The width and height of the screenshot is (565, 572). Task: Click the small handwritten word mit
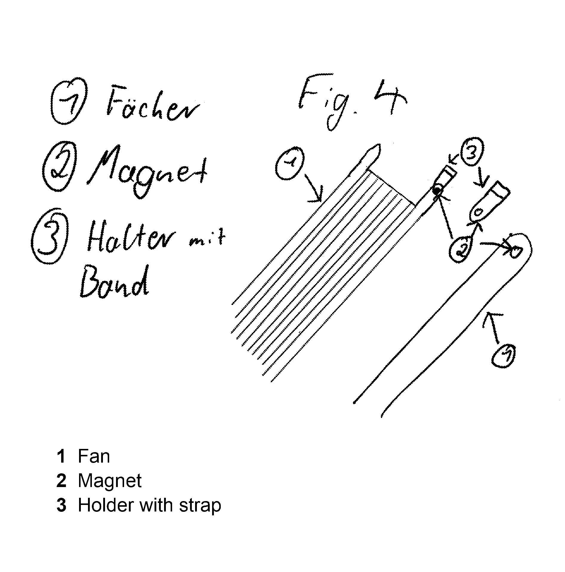click(207, 238)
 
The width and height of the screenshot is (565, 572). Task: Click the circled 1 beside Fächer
click(69, 101)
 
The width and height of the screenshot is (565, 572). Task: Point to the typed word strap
click(200, 506)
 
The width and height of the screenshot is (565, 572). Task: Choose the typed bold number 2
click(61, 481)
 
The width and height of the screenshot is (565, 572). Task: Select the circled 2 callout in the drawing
click(461, 249)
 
